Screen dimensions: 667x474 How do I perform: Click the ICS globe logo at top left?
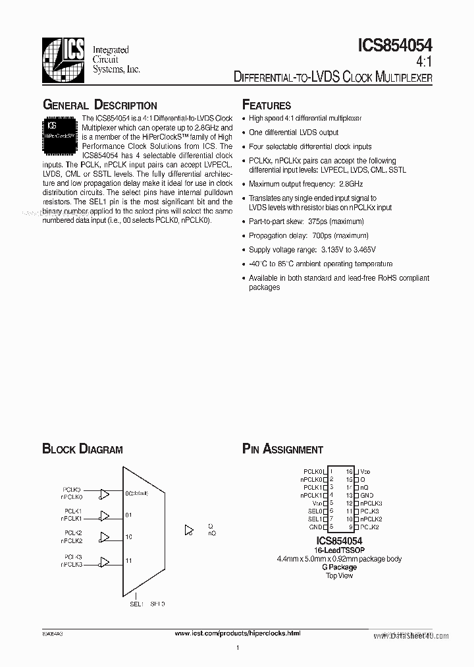(63, 60)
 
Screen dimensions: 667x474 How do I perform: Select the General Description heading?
(99, 105)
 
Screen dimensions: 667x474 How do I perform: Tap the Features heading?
(267, 105)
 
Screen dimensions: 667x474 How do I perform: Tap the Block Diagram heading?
(82, 449)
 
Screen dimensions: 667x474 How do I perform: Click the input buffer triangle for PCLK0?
(104, 494)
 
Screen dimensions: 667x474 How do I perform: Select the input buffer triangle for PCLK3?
(104, 561)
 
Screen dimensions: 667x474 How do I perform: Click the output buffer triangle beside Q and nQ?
(190, 529)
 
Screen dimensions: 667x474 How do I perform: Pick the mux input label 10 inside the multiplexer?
(128, 537)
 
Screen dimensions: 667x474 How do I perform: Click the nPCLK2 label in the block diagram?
(73, 541)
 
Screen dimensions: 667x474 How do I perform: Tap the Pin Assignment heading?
(282, 449)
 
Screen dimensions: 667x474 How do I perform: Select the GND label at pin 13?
(367, 495)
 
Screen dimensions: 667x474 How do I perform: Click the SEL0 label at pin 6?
(316, 511)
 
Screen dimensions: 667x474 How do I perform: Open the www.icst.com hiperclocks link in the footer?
(237, 633)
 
